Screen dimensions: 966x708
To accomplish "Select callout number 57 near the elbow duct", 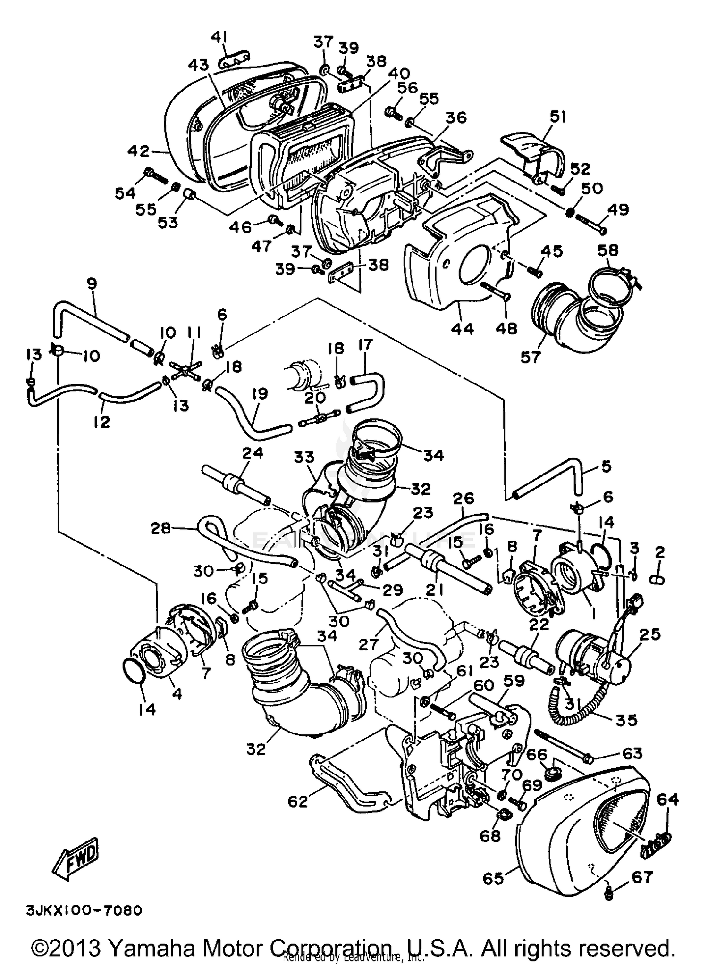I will tap(530, 357).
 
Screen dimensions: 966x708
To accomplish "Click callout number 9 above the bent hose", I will tap(92, 283).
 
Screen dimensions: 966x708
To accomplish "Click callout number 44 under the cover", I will tap(462, 329).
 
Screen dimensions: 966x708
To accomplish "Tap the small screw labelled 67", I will tap(608, 893).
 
